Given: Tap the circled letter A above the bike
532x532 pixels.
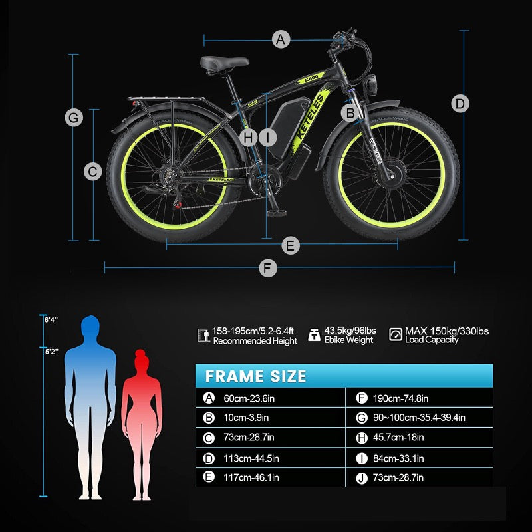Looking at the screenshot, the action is pyautogui.click(x=281, y=39).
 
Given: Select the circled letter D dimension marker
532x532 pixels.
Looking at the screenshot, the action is pyautogui.click(x=460, y=104).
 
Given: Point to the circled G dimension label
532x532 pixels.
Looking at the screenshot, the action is pyautogui.click(x=74, y=118).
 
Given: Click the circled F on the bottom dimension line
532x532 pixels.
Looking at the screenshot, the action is pyautogui.click(x=268, y=268).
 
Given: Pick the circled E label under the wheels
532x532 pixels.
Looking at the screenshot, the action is pyautogui.click(x=291, y=245).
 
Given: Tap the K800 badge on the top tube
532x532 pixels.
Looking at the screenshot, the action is pyautogui.click(x=311, y=78).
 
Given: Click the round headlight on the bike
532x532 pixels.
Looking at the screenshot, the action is pyautogui.click(x=371, y=85).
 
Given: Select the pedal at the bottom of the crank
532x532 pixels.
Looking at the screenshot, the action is pyautogui.click(x=277, y=213).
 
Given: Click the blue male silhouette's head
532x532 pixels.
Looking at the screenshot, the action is pyautogui.click(x=90, y=326).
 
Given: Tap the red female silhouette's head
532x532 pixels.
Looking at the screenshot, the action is pyautogui.click(x=142, y=360).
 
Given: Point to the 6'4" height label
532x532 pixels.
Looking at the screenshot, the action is pyautogui.click(x=51, y=320).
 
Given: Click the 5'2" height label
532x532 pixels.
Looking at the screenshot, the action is pyautogui.click(x=52, y=352).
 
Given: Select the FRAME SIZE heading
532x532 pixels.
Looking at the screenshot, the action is pyautogui.click(x=256, y=376).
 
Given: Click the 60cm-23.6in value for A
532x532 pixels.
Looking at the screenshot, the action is pyautogui.click(x=249, y=398).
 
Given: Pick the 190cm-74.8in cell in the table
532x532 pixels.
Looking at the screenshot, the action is pyautogui.click(x=401, y=398).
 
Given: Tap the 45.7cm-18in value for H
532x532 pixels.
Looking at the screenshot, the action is pyautogui.click(x=398, y=438).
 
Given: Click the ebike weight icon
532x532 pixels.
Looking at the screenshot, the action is pyautogui.click(x=314, y=334).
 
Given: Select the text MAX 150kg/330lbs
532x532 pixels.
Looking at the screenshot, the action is pyautogui.click(x=447, y=331).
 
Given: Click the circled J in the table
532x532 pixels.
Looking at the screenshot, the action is pyautogui.click(x=362, y=478).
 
